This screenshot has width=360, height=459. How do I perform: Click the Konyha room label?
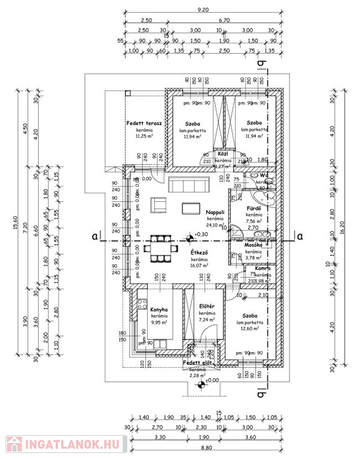[x=159, y=310]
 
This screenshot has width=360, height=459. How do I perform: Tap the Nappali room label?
[x=215, y=212]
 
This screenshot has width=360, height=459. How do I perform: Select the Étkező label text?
[x=199, y=253]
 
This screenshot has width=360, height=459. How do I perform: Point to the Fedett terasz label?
[x=141, y=123]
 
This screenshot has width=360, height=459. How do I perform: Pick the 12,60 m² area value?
[x=251, y=328]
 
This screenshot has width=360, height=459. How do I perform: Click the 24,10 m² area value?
[x=215, y=226]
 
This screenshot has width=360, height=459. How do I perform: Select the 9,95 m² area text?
[x=159, y=322]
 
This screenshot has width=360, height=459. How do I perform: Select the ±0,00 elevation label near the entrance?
[x=212, y=380]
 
